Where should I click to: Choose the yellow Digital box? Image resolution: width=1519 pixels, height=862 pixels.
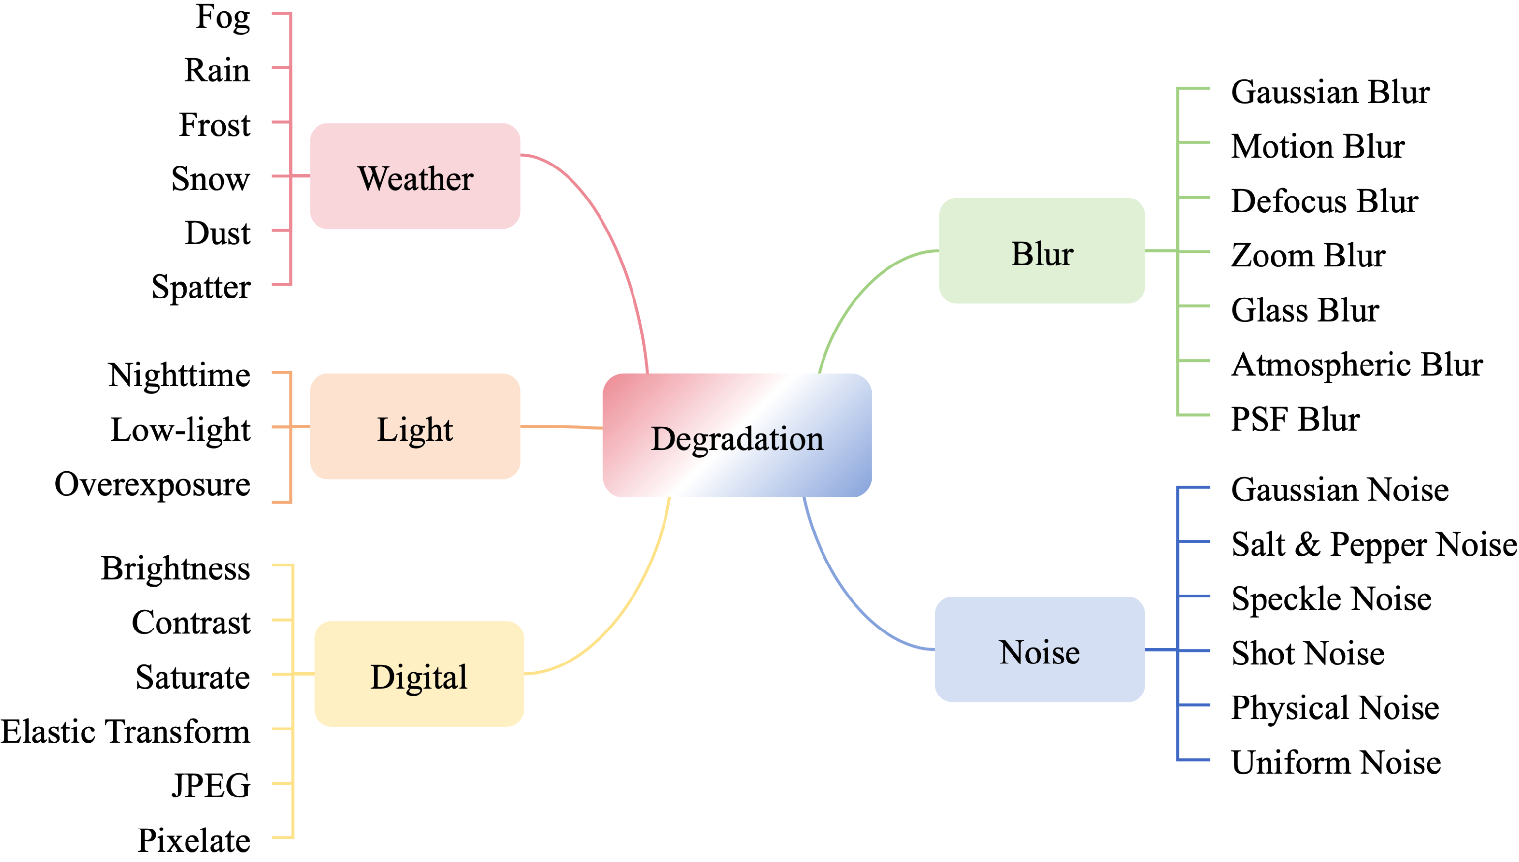click(419, 674)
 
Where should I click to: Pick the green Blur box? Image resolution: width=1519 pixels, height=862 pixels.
click(1042, 251)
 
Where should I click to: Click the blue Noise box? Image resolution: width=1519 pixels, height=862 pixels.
click(1039, 650)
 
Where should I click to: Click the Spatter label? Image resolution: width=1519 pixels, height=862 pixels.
click(201, 288)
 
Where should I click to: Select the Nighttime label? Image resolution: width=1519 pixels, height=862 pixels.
click(179, 375)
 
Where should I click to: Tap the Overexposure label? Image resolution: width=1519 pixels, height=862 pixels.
click(153, 484)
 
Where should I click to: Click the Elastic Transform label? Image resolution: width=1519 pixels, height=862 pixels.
click(126, 732)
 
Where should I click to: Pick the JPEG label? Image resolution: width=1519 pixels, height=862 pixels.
click(211, 786)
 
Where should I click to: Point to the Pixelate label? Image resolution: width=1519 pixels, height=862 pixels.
click(194, 841)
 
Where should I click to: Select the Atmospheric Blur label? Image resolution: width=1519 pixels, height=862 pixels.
click(1357, 365)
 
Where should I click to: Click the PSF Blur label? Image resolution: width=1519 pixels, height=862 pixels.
click(1295, 419)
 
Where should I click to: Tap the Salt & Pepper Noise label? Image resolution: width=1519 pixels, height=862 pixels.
click(1373, 545)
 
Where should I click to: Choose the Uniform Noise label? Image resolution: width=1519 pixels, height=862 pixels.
click(1335, 763)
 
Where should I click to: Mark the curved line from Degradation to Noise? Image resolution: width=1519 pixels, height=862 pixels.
click(846, 598)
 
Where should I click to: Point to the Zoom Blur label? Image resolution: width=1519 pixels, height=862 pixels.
click(1308, 256)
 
